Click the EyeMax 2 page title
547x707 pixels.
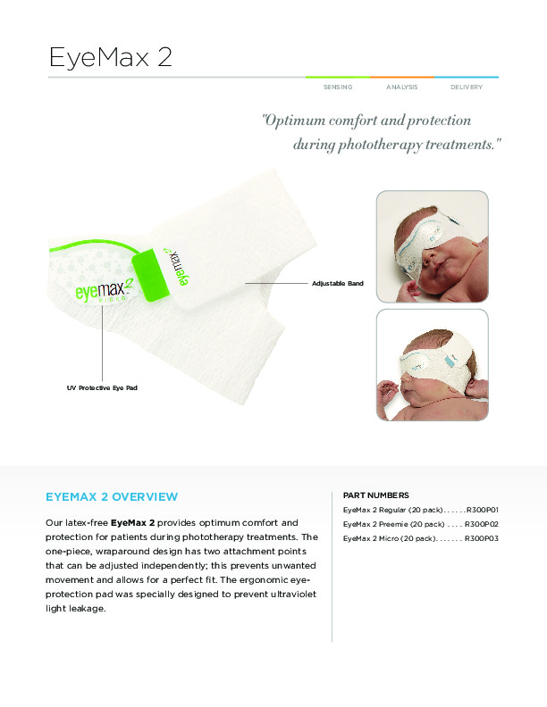111,57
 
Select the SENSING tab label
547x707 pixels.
338,87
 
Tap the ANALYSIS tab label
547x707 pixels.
401,87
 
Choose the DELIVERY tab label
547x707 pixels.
467,87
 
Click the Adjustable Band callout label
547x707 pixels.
338,283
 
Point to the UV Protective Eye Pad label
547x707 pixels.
102,387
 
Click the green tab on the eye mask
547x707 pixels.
150,275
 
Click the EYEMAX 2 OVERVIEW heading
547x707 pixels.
112,497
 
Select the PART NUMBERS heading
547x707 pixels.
376,495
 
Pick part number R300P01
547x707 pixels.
483,510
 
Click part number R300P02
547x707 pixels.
482,524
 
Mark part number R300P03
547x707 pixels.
482,538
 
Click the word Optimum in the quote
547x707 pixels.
293,121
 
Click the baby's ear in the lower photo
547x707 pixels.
477,387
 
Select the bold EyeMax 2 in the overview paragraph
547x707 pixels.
132,522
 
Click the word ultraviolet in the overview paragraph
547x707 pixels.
293,594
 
